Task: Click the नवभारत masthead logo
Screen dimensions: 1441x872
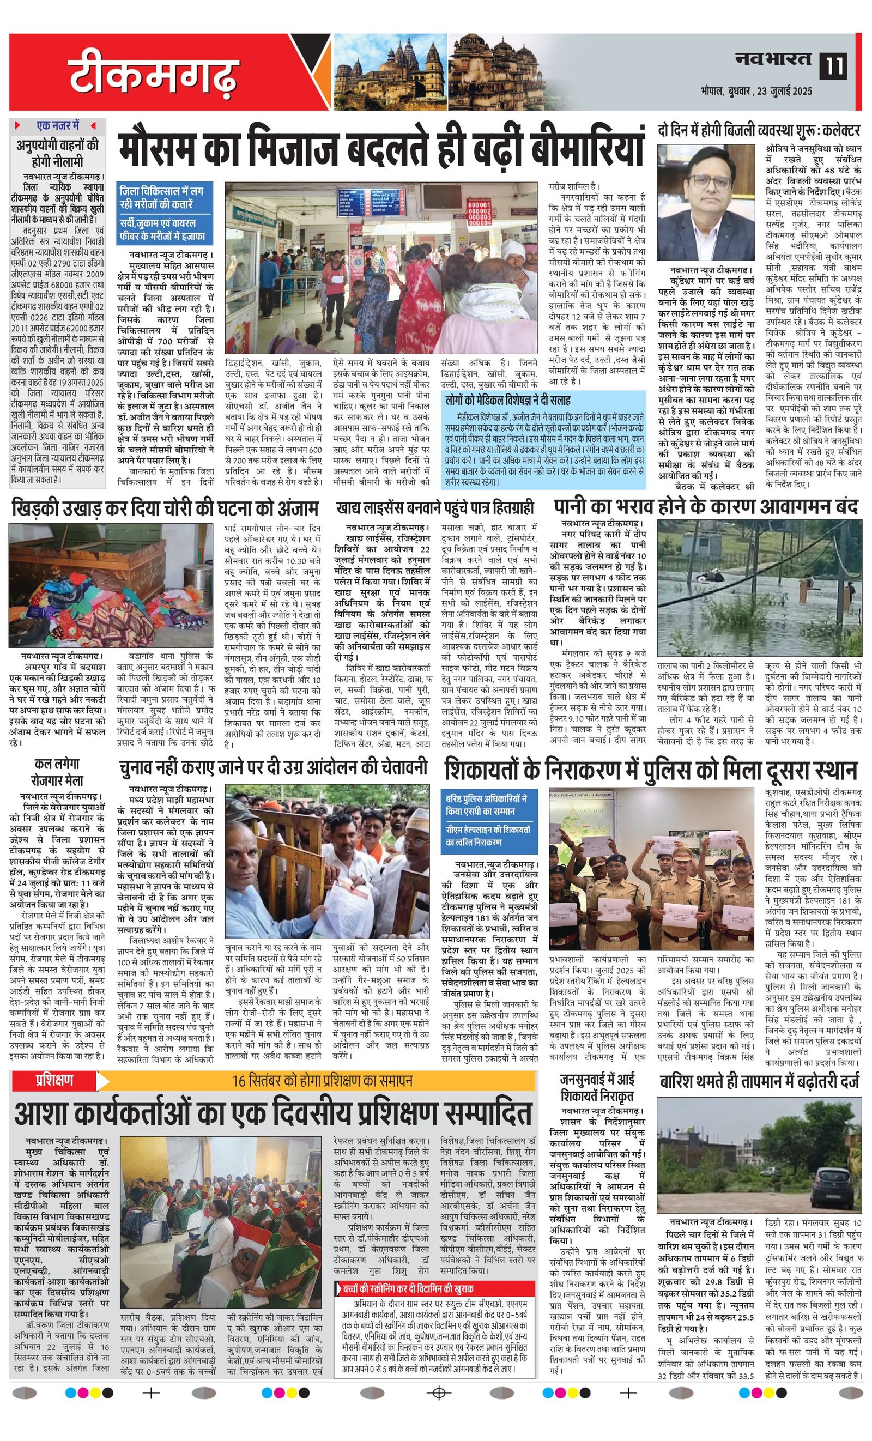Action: pos(773,59)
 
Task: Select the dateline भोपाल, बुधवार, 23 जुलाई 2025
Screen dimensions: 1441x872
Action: pos(757,91)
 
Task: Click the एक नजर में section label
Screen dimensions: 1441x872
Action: pos(57,125)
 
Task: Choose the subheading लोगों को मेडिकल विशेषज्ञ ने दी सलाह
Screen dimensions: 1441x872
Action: pos(507,401)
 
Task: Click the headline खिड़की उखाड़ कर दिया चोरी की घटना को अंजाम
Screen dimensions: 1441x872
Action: pos(165,508)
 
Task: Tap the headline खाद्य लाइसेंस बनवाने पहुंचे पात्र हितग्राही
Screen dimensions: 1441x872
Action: pos(435,507)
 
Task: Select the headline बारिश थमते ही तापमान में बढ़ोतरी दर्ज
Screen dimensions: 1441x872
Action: pos(760,1083)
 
